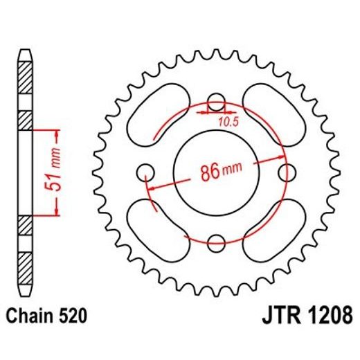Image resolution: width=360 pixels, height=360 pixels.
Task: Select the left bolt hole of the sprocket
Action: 145,171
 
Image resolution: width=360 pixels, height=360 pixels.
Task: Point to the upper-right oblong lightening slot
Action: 273,111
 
